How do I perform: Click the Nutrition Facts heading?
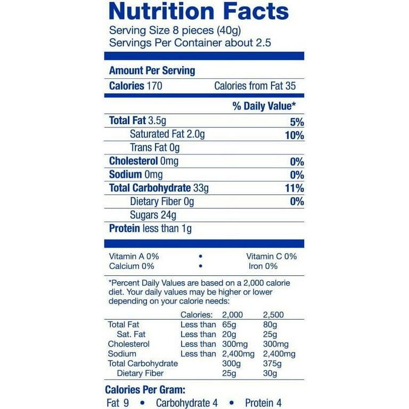click(199, 11)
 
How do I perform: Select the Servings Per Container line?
click(190, 43)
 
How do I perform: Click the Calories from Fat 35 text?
click(255, 86)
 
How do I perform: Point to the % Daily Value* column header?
click(264, 106)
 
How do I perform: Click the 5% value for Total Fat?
click(297, 121)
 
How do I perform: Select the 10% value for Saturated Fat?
click(294, 135)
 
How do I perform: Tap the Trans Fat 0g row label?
click(155, 148)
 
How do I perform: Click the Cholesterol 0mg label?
click(144, 161)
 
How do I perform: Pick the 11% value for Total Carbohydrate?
click(295, 188)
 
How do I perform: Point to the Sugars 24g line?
click(153, 215)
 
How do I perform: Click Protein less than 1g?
click(150, 228)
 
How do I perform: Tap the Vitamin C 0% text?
click(272, 256)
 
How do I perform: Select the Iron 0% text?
click(263, 266)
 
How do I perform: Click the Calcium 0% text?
click(132, 266)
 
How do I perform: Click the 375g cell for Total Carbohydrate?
click(273, 363)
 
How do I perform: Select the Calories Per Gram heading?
click(145, 390)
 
